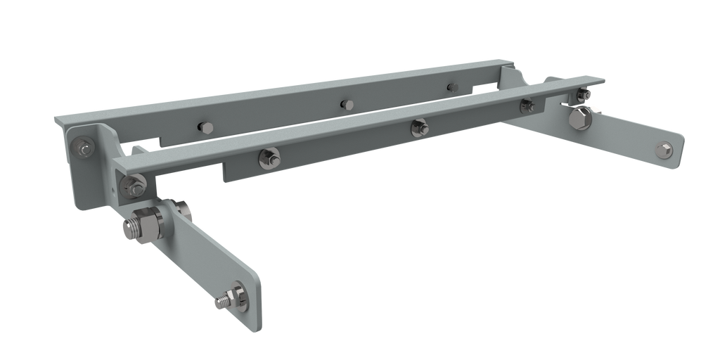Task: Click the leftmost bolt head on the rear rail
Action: [x=205, y=127]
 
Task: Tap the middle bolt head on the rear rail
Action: [x=345, y=104]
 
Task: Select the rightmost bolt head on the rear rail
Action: [x=452, y=87]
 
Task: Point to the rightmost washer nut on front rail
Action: [x=526, y=105]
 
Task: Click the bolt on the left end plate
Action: [x=84, y=148]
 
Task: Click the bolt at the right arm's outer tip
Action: [x=665, y=149]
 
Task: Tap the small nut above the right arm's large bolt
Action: [x=582, y=94]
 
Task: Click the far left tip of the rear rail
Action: [x=56, y=122]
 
